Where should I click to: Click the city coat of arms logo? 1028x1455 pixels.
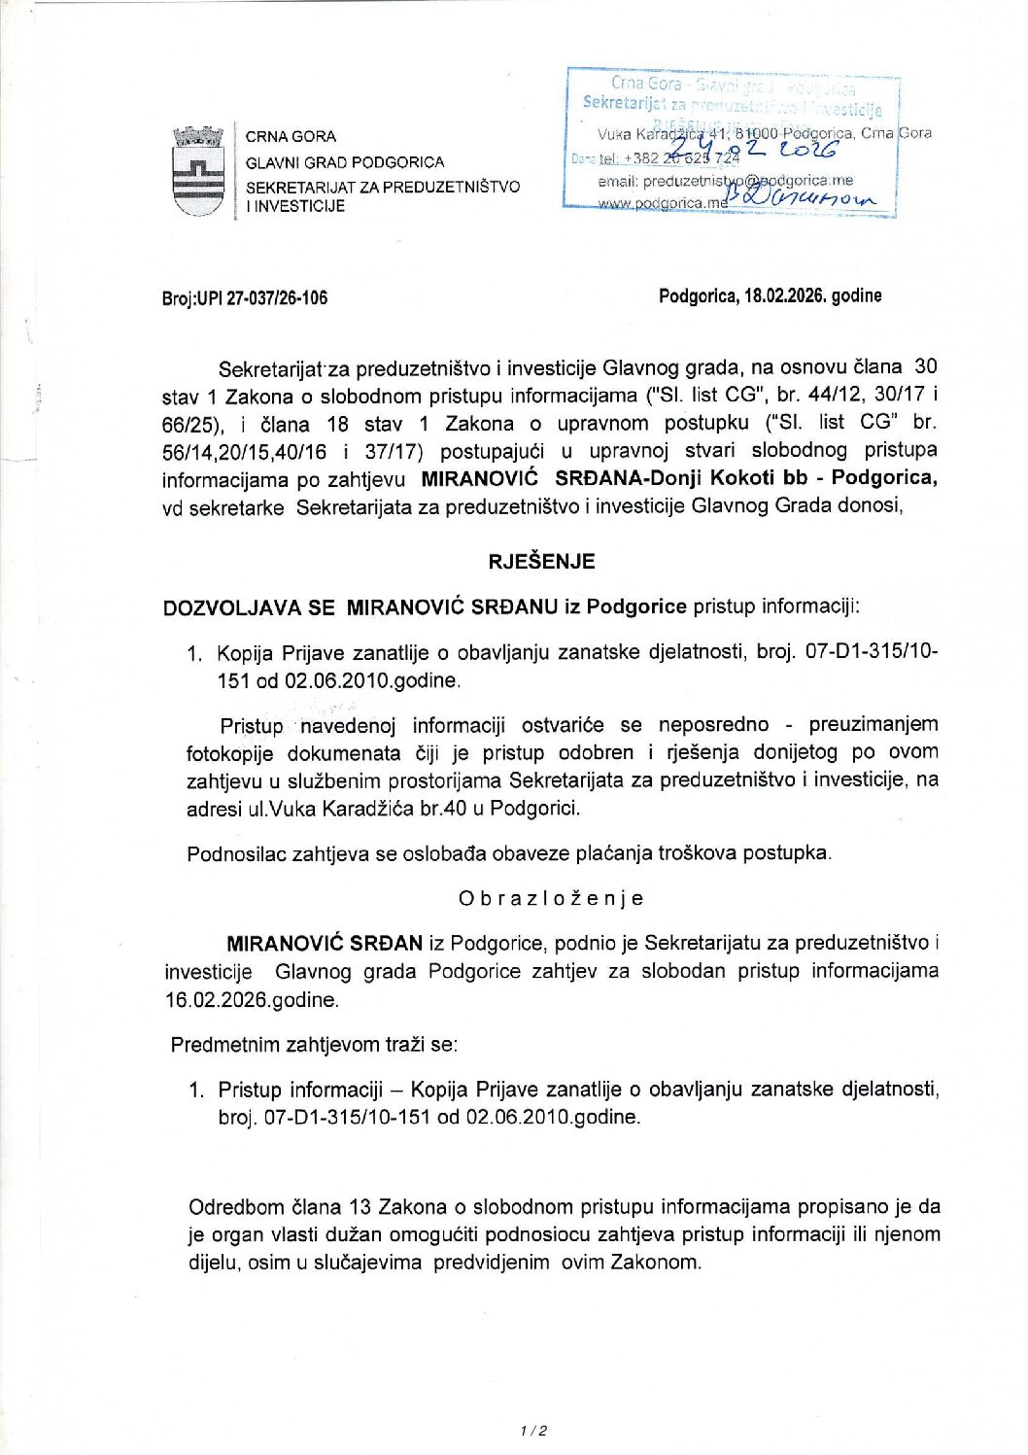click(198, 171)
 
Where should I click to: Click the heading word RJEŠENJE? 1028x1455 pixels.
click(541, 561)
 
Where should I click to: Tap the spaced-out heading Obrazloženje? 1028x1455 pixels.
click(551, 898)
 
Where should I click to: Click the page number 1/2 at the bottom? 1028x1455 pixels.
click(533, 1431)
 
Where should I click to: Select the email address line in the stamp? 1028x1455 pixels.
click(725, 181)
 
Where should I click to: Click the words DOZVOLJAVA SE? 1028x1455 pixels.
click(249, 607)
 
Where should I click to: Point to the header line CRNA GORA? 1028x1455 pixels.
click(291, 137)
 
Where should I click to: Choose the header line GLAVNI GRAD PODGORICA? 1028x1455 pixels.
click(345, 162)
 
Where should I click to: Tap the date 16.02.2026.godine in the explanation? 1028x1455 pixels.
click(252, 999)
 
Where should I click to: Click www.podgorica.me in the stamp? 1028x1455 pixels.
click(662, 203)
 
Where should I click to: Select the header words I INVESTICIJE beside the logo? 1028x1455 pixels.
click(295, 206)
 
